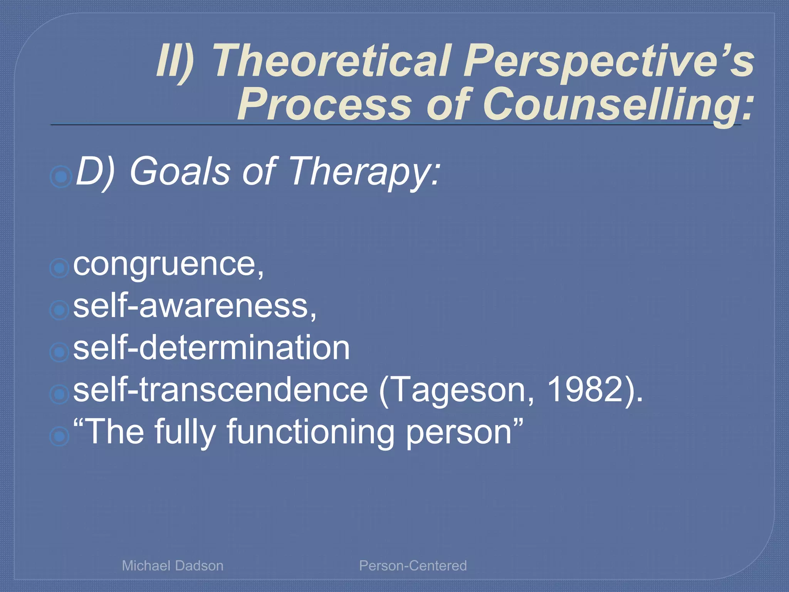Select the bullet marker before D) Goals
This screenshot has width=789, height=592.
coord(61,177)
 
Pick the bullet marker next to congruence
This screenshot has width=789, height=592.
coord(59,267)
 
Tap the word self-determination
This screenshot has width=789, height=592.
coord(211,348)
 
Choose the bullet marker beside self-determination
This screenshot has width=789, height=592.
coord(59,352)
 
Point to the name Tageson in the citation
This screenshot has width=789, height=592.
coord(458,390)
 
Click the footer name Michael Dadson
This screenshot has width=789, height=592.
coord(173,566)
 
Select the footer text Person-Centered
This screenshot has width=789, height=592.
coord(413,566)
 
